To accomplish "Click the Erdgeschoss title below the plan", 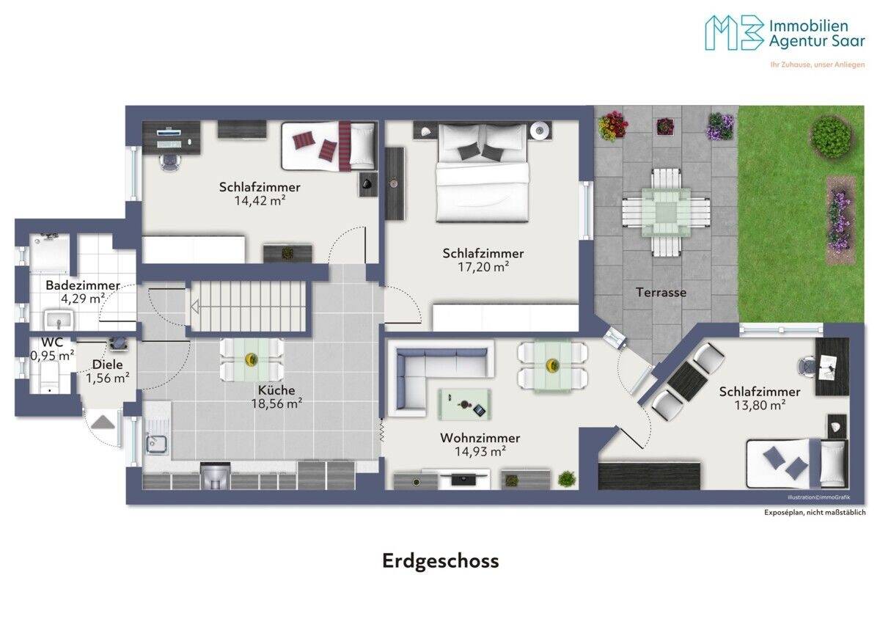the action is [441, 561].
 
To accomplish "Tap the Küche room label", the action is [276, 390].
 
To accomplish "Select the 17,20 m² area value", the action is [483, 267].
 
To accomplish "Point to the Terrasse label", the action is [661, 293].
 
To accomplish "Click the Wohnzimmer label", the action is [480, 438].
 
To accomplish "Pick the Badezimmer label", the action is [83, 285].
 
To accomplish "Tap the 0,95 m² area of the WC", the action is [52, 356].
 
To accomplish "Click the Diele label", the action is [108, 365].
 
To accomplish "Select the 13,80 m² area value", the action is [760, 405].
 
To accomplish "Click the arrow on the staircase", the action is [195, 307].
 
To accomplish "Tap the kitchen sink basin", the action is [157, 444].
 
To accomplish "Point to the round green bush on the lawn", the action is [832, 133].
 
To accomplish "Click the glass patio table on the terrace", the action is [666, 213].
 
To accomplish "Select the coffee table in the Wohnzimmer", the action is [464, 404].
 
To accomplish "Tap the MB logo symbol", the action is [733, 32].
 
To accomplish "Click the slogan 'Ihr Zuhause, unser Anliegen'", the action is [817, 65].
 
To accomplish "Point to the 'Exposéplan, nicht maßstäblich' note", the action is [815, 513].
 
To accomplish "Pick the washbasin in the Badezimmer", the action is [59, 319].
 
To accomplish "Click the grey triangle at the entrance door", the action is [103, 422].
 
